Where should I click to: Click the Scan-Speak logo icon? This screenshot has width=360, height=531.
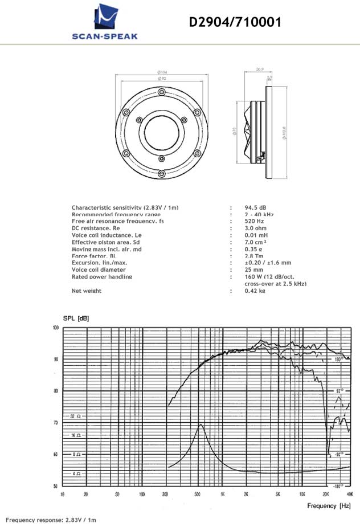click(105, 17)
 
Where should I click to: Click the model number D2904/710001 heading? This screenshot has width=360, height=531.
click(235, 22)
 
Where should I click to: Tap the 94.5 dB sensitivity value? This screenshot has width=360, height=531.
click(256, 207)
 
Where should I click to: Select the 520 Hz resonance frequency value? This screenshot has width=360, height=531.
click(255, 221)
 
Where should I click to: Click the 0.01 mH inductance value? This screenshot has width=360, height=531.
click(256, 235)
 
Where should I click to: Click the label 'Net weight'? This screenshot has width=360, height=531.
click(87, 291)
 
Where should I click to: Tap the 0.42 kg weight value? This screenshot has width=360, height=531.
click(255, 291)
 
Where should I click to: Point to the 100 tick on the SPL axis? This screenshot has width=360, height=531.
click(55, 328)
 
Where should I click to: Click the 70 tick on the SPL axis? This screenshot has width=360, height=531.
click(55, 423)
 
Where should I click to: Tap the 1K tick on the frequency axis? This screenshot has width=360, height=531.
click(222, 493)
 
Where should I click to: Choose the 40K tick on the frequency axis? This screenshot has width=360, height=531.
click(348, 493)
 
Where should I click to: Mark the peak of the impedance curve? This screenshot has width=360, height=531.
click(201, 424)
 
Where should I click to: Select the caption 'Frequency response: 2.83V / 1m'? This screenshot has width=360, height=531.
click(51, 520)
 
